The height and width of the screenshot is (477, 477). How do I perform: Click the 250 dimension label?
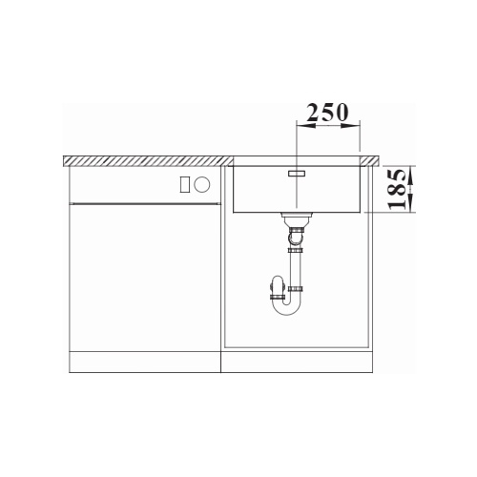tap(328, 113)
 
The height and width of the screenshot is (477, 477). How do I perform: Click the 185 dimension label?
tap(397, 189)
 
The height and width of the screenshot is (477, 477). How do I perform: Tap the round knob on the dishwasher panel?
tap(202, 184)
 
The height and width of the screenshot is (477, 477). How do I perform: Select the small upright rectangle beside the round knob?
tap(185, 184)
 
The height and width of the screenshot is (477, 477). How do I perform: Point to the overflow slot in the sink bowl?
tap(297, 174)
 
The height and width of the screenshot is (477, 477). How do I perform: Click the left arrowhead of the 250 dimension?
tap(305, 126)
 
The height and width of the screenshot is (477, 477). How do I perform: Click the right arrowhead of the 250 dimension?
tap(350, 126)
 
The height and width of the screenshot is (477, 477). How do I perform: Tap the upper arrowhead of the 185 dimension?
tap(411, 175)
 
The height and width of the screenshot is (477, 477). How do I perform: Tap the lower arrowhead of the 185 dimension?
tap(411, 203)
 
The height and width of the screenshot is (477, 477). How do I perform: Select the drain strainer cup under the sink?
tap(297, 218)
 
